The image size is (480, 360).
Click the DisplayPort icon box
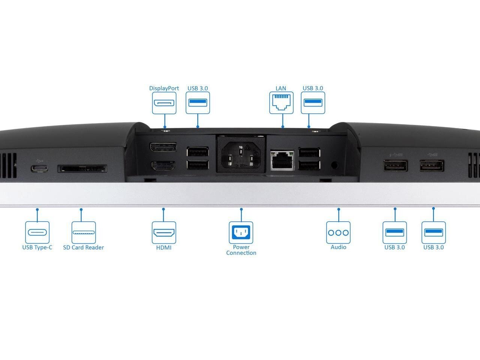164,103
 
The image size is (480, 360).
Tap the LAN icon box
281,103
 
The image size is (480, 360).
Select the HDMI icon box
164,232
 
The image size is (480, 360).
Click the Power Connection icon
241,232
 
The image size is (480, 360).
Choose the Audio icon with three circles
338,232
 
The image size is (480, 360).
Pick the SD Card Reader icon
84,232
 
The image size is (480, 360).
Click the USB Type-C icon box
37,232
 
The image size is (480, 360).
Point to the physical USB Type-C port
39,168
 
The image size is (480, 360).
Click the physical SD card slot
82,169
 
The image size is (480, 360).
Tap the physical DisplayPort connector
163,147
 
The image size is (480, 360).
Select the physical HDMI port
163,166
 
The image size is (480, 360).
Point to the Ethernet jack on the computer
282,160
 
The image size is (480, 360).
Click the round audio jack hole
334,165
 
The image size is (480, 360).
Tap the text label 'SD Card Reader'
84,247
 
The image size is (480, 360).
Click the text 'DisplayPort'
164,88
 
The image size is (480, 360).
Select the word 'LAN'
281,88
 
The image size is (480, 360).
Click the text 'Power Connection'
241,250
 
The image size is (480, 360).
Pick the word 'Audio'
339,247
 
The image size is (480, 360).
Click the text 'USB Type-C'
37,247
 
